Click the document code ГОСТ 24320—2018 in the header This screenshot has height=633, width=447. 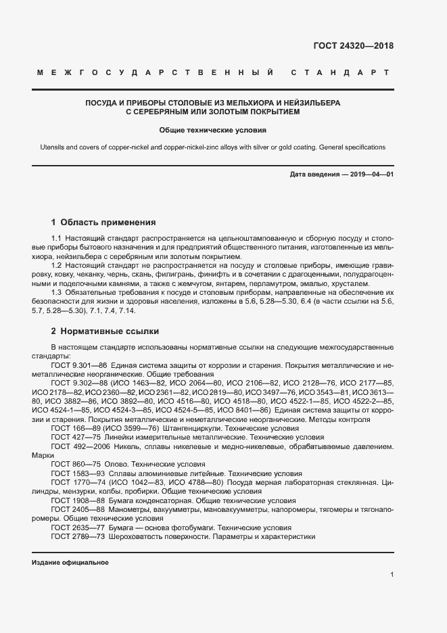coord(353,47)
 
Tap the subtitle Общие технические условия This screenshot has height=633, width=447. coord(213,130)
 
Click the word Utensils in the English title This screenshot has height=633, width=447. coord(53,147)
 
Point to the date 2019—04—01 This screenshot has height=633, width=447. coord(371,174)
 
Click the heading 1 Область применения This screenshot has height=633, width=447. coord(103,222)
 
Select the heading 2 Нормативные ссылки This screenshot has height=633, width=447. coord(105,331)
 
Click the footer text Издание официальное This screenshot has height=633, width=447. coord(70,563)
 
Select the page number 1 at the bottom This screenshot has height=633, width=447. coord(392,574)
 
